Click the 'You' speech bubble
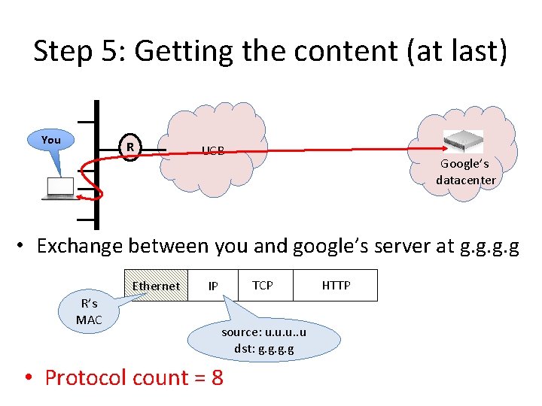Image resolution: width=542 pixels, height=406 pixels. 51,140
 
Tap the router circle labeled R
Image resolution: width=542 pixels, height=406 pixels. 130,147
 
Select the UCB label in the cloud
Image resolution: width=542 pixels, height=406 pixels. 212,150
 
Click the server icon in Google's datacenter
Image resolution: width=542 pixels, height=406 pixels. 463,141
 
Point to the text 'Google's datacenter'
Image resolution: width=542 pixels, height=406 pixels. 465,172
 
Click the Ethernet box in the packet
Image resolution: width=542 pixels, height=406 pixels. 156,286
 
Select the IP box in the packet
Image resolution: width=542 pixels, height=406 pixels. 213,286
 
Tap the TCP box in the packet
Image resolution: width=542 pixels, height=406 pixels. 263,285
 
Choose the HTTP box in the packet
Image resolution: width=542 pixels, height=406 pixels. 336,285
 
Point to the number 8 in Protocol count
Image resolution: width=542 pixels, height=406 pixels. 218,377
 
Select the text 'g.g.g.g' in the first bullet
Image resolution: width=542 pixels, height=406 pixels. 489,246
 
